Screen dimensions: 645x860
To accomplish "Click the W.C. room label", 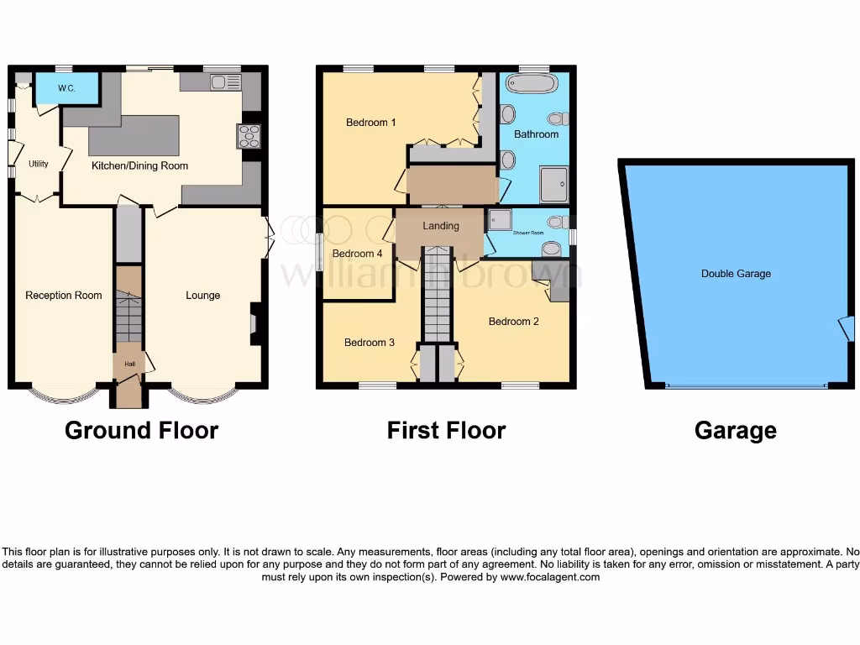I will point(66,88).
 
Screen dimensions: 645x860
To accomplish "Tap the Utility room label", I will point(39,164).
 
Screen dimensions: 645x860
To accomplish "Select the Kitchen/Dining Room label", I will point(139,165).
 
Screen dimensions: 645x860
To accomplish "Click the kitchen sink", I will point(225,81).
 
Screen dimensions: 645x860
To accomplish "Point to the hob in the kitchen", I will point(249,135).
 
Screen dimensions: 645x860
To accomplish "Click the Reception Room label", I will point(64,295).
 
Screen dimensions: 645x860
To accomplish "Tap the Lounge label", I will point(203,295).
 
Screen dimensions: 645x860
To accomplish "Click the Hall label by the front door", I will point(129,364).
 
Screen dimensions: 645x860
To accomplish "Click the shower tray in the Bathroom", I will point(553,184).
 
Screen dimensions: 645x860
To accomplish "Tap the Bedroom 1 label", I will point(371,123).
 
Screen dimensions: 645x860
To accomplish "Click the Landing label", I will point(441,225).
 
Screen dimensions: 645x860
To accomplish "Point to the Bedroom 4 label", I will point(357,254).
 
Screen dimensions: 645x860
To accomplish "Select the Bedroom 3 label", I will point(369,343).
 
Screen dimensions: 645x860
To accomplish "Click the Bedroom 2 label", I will point(514,321).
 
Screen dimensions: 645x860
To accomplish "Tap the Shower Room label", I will point(527,233).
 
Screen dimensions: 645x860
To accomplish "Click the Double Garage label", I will point(736,274).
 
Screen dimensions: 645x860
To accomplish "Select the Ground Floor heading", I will point(141,431).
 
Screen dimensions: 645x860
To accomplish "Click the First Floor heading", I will point(446,431).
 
